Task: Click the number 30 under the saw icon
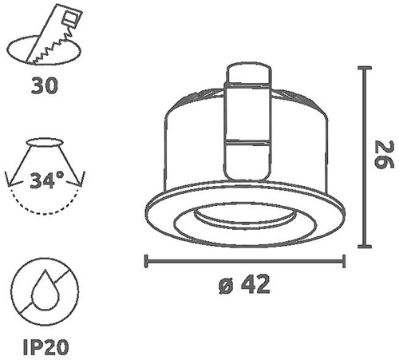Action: click(x=44, y=85)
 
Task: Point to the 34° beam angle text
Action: click(x=47, y=180)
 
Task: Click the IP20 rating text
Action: click(x=45, y=346)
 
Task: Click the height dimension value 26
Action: click(x=383, y=155)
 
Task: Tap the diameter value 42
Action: click(x=255, y=284)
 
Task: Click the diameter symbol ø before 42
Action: click(x=227, y=286)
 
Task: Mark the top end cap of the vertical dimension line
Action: click(x=365, y=68)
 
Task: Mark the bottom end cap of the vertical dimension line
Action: click(x=365, y=247)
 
